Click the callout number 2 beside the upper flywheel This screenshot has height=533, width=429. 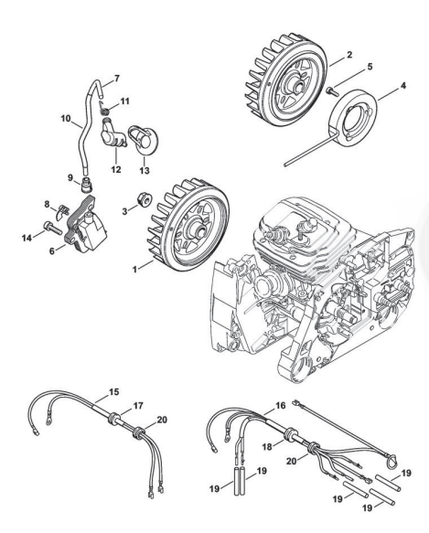pos(349,54)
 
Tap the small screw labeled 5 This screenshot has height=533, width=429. pos(332,90)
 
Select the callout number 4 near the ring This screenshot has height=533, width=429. pos(402,86)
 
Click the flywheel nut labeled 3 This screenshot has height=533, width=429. pos(143,199)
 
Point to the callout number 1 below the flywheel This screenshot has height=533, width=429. pos(134,270)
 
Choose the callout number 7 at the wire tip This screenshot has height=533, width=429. pos(117,79)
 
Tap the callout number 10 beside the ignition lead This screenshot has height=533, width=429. pos(66,118)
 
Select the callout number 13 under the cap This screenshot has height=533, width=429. pos(145,170)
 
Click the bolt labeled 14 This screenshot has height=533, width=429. pos(52,228)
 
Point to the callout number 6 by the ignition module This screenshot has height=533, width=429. pos(52,251)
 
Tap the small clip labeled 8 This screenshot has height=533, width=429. pos(62,211)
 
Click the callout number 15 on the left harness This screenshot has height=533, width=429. pos(114,392)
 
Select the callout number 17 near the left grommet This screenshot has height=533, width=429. pos(138,406)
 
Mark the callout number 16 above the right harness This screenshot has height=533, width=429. pos(280,405)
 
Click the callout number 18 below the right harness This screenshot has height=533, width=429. pos(267,446)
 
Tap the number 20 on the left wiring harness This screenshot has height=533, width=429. pos(162,420)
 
